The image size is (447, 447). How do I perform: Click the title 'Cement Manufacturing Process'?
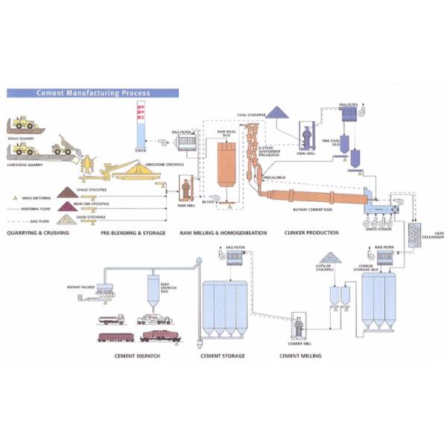pyautogui.click(x=94, y=93)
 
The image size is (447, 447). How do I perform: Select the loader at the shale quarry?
pyautogui.click(x=24, y=123)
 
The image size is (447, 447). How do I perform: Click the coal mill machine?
pyautogui.click(x=306, y=138)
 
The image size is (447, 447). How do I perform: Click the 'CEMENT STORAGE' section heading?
pyautogui.click(x=223, y=356)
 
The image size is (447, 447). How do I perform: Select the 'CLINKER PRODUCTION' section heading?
pyautogui.click(x=311, y=232)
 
